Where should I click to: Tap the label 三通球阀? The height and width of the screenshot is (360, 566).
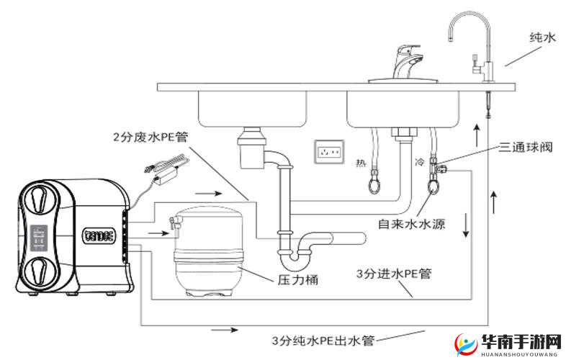pos(526,147)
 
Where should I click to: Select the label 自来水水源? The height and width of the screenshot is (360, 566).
pos(411,224)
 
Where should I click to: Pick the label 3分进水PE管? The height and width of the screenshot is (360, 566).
pos(393,275)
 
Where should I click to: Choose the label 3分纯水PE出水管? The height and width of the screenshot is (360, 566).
pos(323,340)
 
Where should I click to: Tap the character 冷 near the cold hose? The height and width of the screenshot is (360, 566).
pos(421,163)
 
